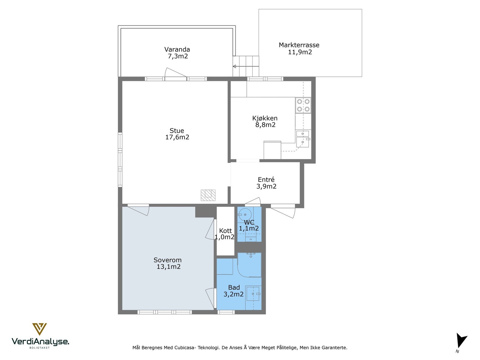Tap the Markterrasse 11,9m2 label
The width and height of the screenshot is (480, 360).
299,49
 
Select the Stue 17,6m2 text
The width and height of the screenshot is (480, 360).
177,134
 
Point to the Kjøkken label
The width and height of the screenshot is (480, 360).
265,118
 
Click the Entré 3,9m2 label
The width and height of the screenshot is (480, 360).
266,183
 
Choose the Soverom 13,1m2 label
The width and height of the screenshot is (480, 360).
168,263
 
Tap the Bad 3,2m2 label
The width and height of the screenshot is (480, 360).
233,291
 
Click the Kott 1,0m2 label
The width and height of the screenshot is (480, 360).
225,234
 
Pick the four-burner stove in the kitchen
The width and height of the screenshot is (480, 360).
303,105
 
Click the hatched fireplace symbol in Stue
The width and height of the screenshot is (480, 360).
208,195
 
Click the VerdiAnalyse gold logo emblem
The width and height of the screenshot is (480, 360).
39,329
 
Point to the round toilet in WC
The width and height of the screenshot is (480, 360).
244,214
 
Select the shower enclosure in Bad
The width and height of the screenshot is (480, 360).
249,265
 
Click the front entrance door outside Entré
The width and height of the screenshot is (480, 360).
283,211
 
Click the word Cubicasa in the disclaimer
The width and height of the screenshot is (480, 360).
184,347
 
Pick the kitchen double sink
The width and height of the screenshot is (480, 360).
303,139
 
